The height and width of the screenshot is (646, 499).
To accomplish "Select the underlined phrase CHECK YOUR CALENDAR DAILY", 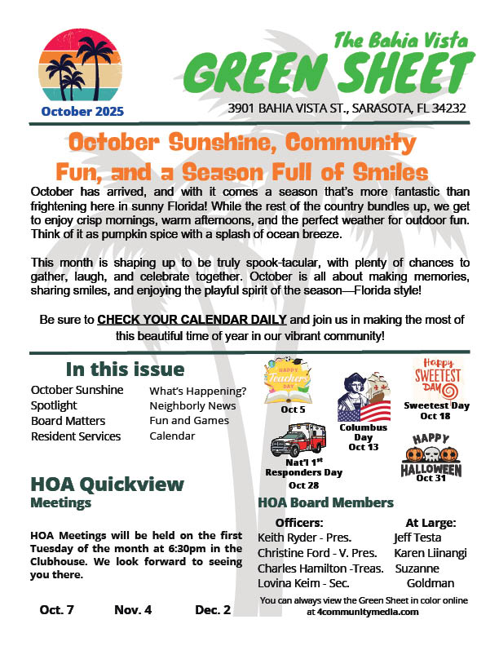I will [x=192, y=318].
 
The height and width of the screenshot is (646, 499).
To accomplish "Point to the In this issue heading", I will [x=125, y=369].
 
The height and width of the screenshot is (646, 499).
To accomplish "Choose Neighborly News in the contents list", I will [x=192, y=405].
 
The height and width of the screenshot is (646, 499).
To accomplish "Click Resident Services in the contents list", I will [x=76, y=436].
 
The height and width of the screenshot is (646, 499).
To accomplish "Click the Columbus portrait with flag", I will [x=365, y=397].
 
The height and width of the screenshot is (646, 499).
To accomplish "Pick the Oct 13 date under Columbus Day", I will [x=363, y=446].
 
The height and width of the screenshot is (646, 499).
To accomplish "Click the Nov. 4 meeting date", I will [x=133, y=609].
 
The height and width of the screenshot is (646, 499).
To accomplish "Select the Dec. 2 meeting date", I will [x=213, y=609].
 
